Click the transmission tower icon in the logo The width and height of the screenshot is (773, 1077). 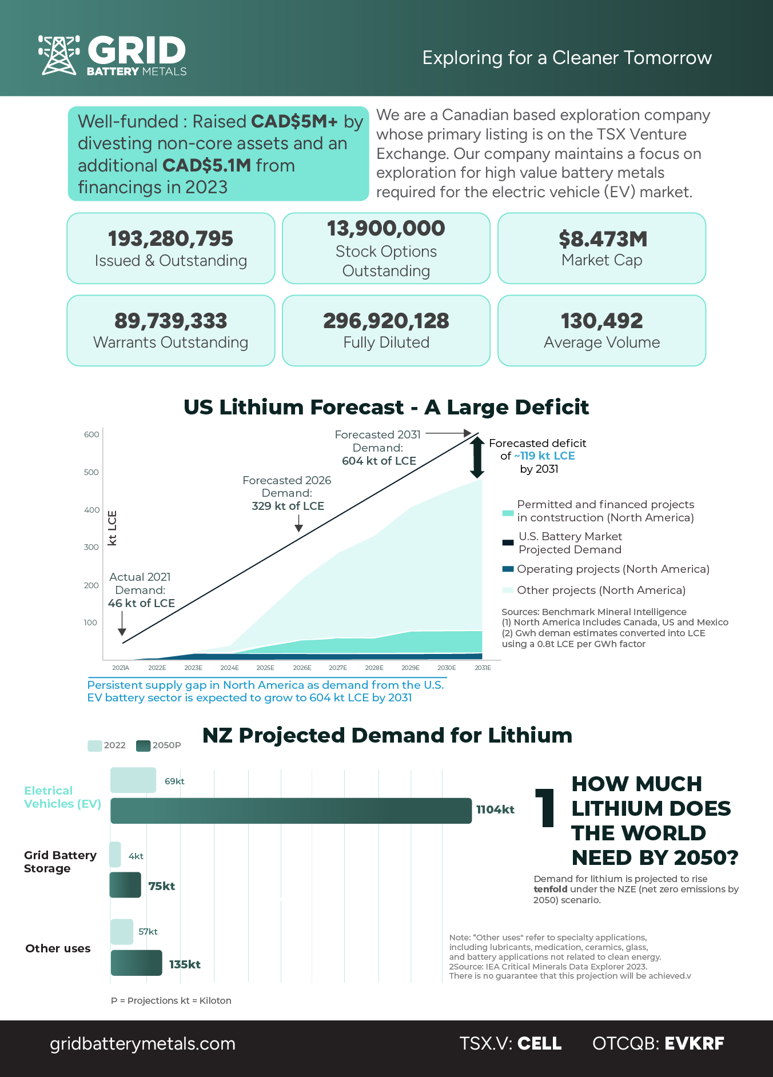click(x=59, y=55)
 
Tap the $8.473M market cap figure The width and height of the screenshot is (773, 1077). click(x=603, y=239)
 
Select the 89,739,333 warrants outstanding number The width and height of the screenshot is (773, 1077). click(x=171, y=321)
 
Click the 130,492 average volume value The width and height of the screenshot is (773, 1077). click(x=601, y=321)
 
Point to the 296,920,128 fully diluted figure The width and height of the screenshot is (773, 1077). click(x=386, y=321)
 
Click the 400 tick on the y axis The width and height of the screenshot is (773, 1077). click(x=91, y=510)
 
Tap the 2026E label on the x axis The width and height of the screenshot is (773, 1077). click(x=302, y=668)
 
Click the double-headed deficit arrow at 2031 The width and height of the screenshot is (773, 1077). click(x=477, y=457)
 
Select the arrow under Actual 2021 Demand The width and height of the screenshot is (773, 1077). click(x=122, y=624)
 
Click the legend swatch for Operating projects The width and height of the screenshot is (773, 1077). click(x=508, y=569)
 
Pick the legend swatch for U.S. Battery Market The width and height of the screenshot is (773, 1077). click(x=508, y=543)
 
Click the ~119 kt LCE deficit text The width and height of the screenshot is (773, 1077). click(x=544, y=456)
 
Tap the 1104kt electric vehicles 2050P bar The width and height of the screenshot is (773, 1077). click(x=291, y=811)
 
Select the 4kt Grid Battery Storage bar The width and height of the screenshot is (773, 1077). click(x=115, y=855)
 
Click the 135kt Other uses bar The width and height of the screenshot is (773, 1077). click(x=136, y=963)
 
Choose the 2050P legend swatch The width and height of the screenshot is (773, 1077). click(x=143, y=745)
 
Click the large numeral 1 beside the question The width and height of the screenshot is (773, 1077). click(x=544, y=807)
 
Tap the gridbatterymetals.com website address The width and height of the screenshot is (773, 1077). click(x=143, y=1043)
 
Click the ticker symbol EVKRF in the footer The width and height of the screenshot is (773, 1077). click(x=694, y=1043)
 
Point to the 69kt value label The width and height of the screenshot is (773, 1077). click(x=174, y=781)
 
